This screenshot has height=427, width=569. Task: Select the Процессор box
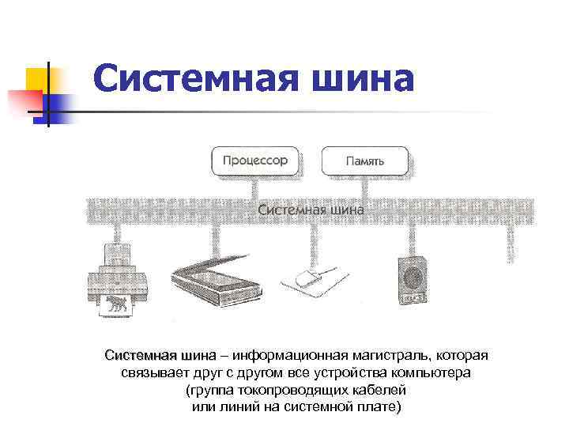coord(254,161)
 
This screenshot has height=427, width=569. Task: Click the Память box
coord(364,161)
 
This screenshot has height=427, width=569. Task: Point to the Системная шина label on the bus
coord(311,210)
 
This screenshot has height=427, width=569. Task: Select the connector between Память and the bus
coord(364,187)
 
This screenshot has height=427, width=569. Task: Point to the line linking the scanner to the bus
coord(213,241)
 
